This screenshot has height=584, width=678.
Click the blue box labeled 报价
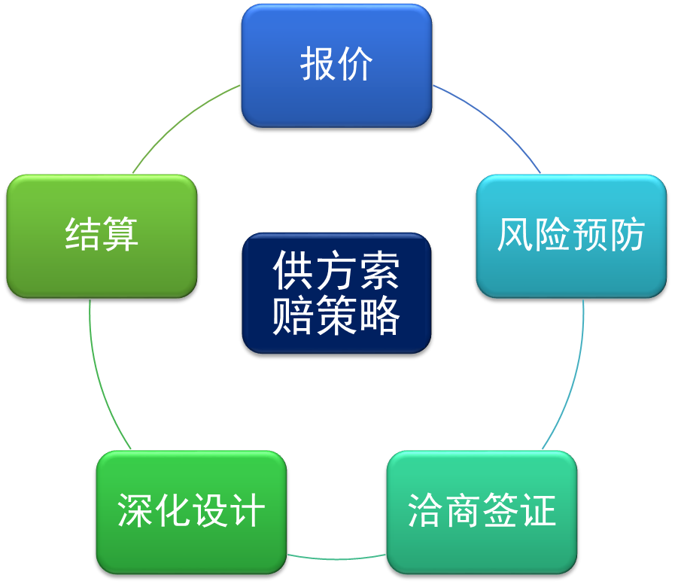tap(336, 65)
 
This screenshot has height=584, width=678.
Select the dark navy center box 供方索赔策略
tap(336, 293)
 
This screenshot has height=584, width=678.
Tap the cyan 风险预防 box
tap(571, 236)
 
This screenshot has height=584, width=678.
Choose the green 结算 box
tap(102, 236)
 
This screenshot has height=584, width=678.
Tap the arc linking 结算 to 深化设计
tap(102, 376)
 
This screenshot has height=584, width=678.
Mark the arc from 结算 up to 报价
tap(181, 120)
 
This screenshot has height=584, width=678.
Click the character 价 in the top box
tap(356, 65)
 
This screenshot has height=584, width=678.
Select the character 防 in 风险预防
tap(628, 236)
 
